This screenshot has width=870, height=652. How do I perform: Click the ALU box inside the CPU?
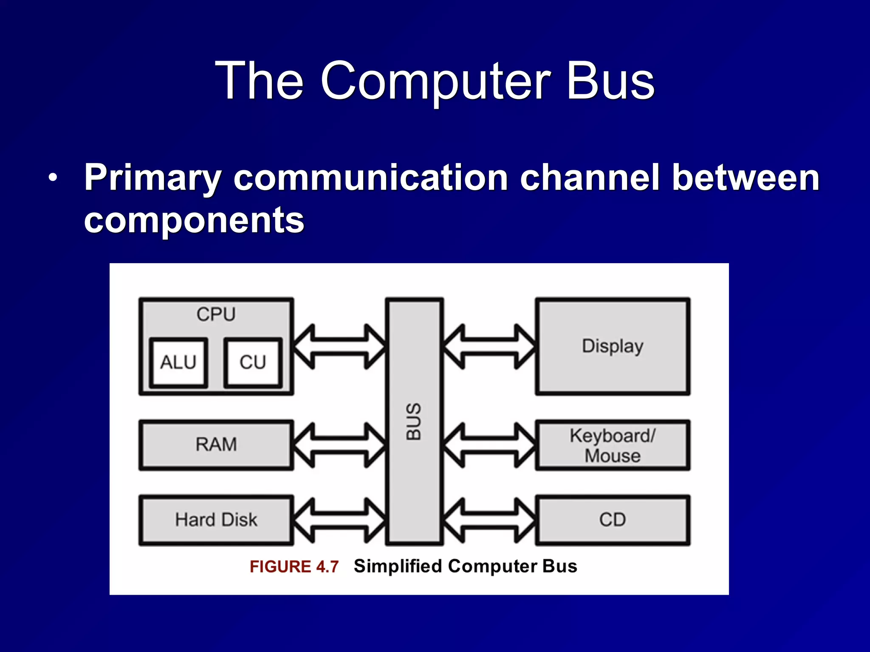click(178, 363)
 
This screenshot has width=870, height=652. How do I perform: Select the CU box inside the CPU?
click(253, 363)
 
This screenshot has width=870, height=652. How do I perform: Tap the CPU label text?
click(216, 315)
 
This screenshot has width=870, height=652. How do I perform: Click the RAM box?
click(216, 445)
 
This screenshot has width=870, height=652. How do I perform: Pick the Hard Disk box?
click(216, 520)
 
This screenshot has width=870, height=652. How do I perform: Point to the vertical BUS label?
click(413, 421)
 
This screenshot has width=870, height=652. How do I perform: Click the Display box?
click(613, 346)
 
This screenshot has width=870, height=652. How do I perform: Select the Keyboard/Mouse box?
click(613, 445)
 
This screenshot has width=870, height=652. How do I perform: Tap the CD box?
click(613, 520)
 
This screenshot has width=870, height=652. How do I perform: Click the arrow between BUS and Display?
click(489, 346)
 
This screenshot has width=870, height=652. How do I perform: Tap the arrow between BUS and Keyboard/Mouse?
click(489, 445)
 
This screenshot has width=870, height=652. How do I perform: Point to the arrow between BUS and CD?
click(489, 520)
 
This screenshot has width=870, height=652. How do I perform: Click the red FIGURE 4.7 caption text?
click(294, 567)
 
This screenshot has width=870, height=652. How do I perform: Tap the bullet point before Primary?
click(52, 178)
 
